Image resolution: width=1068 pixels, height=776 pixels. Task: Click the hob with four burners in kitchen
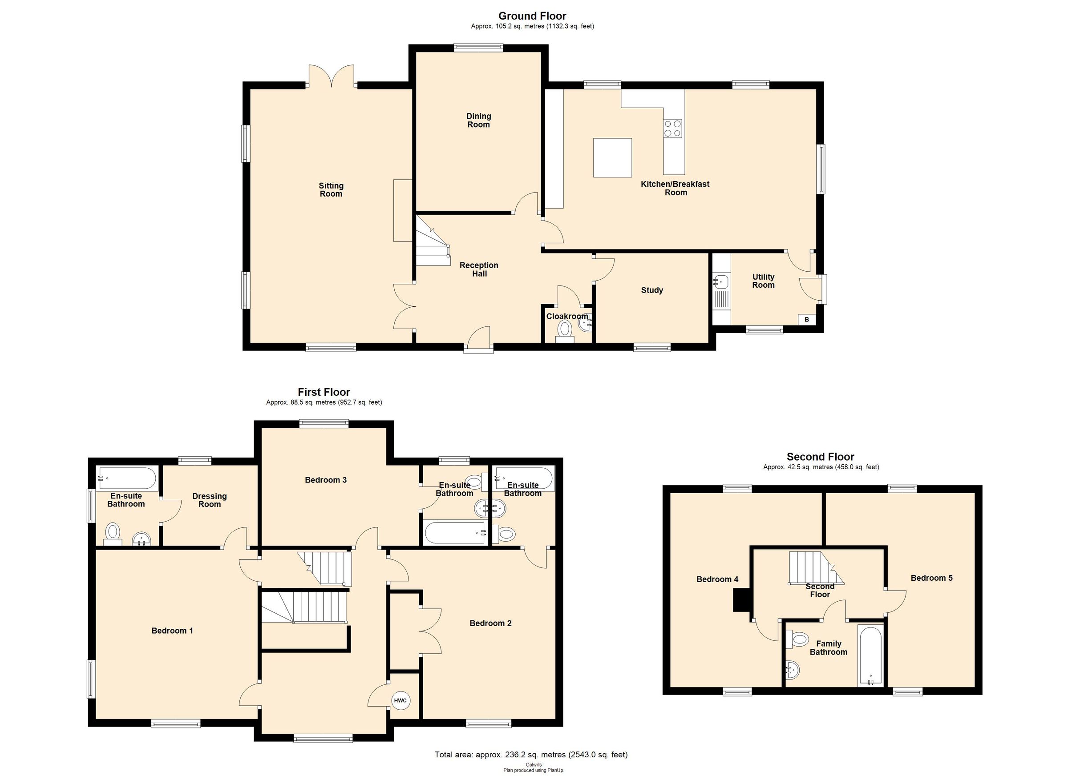click(672, 128)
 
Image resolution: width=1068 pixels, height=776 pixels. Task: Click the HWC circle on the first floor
click(400, 700)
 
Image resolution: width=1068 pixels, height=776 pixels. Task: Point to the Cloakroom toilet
click(565, 330)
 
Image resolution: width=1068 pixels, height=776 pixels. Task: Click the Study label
click(652, 290)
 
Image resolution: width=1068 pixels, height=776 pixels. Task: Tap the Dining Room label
click(478, 120)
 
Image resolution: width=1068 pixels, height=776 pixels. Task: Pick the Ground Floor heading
click(532, 16)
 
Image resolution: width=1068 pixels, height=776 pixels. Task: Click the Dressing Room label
click(210, 500)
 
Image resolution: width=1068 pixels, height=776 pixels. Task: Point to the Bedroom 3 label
click(325, 480)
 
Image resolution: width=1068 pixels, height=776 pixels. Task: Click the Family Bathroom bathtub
click(871, 655)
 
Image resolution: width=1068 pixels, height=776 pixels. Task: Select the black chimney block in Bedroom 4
click(741, 600)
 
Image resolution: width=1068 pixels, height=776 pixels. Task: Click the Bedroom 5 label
click(931, 578)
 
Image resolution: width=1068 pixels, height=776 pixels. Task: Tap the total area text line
click(531, 755)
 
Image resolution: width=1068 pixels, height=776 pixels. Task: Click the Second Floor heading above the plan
click(820, 456)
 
